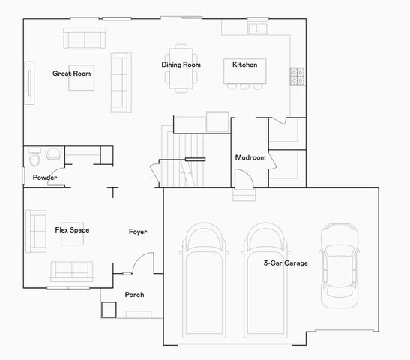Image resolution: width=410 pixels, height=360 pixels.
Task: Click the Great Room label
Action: (x=72, y=73)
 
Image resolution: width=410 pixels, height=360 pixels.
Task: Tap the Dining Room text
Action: (x=181, y=64)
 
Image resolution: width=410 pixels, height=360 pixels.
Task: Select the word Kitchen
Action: (x=244, y=64)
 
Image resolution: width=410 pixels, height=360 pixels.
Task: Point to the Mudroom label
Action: (x=250, y=157)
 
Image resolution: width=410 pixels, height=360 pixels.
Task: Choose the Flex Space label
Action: (x=72, y=230)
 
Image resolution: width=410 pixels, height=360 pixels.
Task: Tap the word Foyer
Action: (x=138, y=232)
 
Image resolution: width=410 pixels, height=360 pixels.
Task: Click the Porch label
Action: (x=134, y=295)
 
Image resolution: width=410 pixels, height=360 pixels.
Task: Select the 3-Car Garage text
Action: (x=286, y=263)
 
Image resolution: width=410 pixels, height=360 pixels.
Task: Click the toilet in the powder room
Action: (x=35, y=157)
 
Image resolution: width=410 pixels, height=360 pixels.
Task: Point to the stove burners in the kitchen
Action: (x=297, y=74)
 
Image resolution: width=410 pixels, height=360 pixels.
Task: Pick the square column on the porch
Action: (x=109, y=309)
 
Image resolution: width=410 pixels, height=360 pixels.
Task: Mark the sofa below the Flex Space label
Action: (x=71, y=269)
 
